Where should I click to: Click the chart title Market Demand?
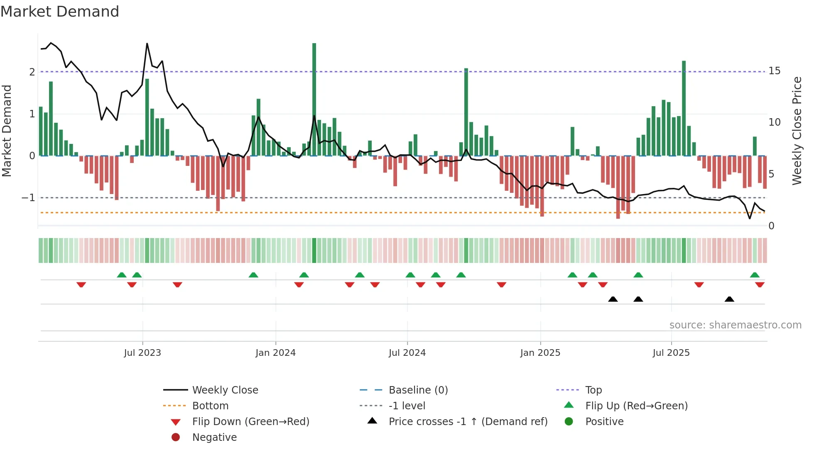click(x=60, y=12)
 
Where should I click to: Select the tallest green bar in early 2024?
click(x=314, y=100)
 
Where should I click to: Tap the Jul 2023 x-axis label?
click(x=142, y=353)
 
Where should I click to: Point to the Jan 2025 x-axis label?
click(x=540, y=353)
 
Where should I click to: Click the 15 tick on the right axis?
click(x=774, y=71)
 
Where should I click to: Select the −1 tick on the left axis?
click(x=28, y=198)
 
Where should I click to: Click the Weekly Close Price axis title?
click(x=797, y=131)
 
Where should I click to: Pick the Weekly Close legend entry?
click(x=225, y=390)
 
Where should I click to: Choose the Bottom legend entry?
click(x=210, y=406)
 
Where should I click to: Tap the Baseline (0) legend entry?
click(x=418, y=390)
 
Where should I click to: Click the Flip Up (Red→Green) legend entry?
click(x=636, y=406)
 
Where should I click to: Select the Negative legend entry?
click(x=214, y=438)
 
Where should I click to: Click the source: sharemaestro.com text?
click(x=735, y=325)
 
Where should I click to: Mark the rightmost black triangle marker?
click(x=729, y=299)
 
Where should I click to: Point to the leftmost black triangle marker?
click(x=613, y=299)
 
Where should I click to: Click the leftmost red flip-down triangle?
click(x=81, y=284)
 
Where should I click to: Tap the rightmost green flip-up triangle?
click(x=755, y=275)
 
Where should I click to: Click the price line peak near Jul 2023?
click(x=147, y=44)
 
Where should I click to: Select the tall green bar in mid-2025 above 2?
click(x=684, y=108)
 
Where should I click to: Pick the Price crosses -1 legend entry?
click(x=468, y=422)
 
